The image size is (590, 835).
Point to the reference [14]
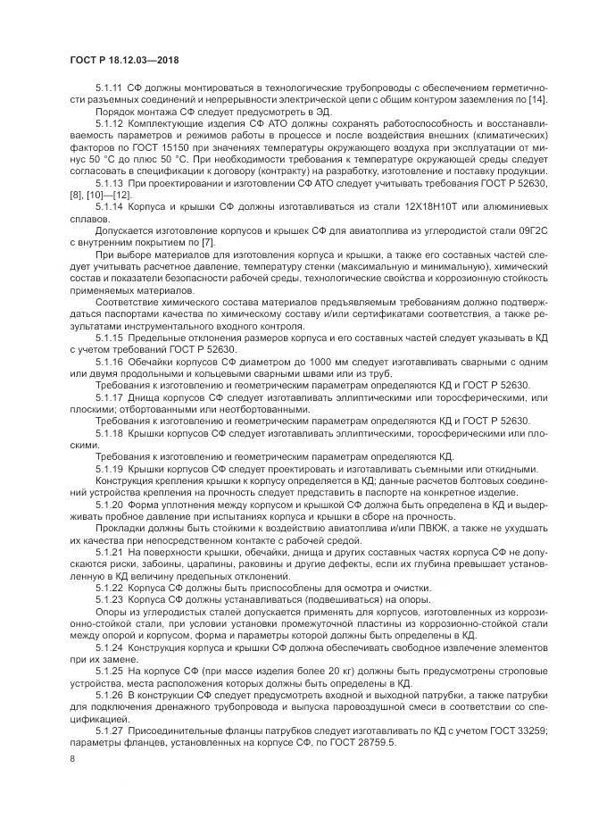tap(511, 100)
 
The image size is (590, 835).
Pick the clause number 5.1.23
tap(108, 600)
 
